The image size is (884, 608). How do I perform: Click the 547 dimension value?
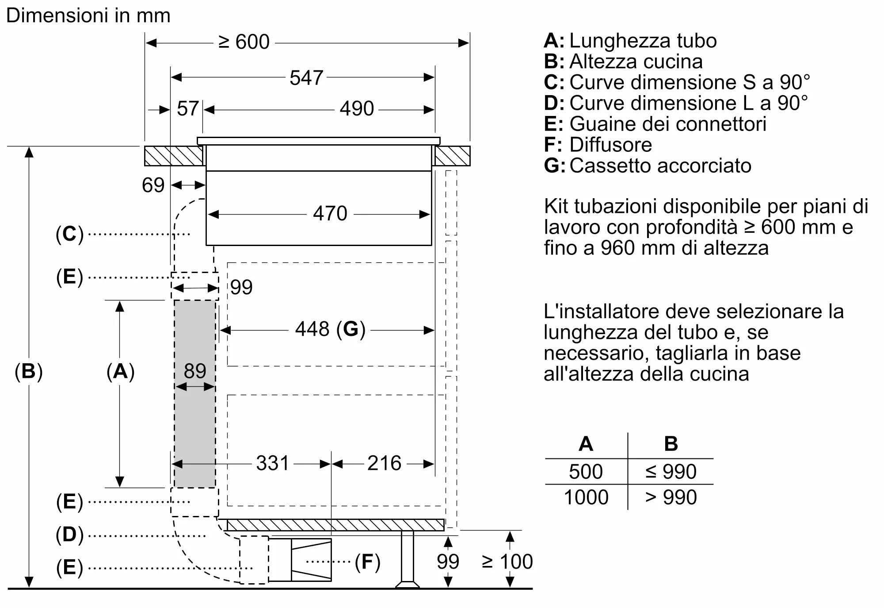tap(306, 78)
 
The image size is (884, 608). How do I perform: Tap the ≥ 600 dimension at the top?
tap(244, 42)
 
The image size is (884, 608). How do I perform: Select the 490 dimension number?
tap(357, 109)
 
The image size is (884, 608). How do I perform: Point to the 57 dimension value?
tap(187, 109)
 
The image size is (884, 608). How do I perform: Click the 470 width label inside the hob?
tap(330, 214)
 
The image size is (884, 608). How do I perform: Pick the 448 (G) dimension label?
tap(330, 330)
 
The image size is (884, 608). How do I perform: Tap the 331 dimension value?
tap(272, 464)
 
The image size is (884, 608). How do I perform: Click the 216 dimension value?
tap(384, 464)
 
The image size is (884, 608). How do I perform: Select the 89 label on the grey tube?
tap(195, 371)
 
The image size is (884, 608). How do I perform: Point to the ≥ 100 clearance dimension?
tap(507, 562)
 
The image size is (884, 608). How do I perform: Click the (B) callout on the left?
tap(29, 371)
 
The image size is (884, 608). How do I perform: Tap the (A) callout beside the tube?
tap(120, 371)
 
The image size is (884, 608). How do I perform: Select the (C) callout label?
tap(69, 234)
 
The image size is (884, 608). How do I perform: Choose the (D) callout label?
tap(69, 535)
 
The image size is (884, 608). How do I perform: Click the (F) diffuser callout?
tap(367, 562)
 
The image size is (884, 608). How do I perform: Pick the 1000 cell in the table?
tap(586, 497)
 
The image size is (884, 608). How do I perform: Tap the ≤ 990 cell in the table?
tap(671, 472)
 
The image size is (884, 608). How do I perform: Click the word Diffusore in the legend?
tap(610, 145)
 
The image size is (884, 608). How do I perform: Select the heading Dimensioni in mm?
tap(88, 16)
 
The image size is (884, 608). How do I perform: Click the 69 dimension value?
tap(153, 185)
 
